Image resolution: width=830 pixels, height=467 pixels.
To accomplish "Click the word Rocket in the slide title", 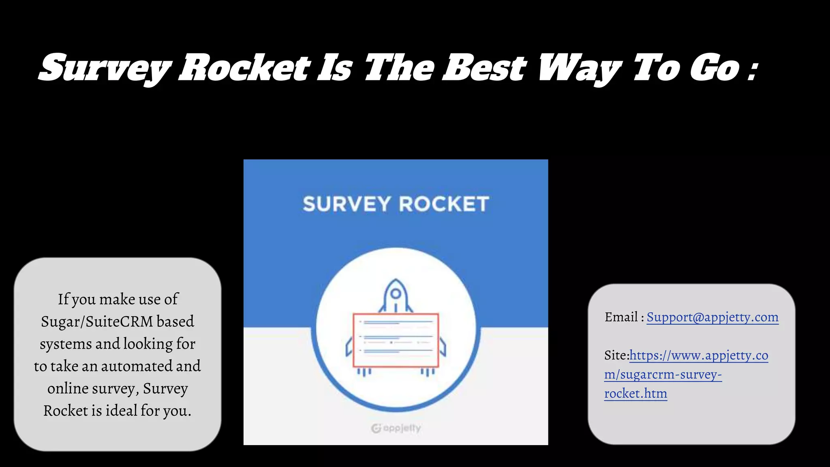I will pyautogui.click(x=244, y=67).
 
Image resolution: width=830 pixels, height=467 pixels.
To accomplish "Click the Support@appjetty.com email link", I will pyautogui.click(x=712, y=317).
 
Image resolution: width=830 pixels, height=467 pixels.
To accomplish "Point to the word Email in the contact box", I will pyautogui.click(x=621, y=317).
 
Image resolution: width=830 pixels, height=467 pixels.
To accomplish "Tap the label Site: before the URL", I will pyautogui.click(x=616, y=356).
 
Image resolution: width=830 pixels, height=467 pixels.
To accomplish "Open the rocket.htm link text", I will pyautogui.click(x=635, y=393).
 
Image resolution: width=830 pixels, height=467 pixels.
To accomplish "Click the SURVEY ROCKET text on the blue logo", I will pyautogui.click(x=396, y=204).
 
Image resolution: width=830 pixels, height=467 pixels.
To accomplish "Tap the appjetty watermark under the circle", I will pyautogui.click(x=396, y=428).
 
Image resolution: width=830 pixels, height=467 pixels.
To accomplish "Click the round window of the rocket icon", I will pyautogui.click(x=396, y=293).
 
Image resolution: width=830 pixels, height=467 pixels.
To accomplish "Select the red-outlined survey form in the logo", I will pyautogui.click(x=396, y=340).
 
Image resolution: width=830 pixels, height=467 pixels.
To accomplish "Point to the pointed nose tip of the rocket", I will pyautogui.click(x=396, y=280).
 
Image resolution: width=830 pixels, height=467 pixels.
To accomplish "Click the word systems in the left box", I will pyautogui.click(x=66, y=344).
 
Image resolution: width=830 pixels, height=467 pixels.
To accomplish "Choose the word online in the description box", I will pyautogui.click(x=68, y=388).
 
